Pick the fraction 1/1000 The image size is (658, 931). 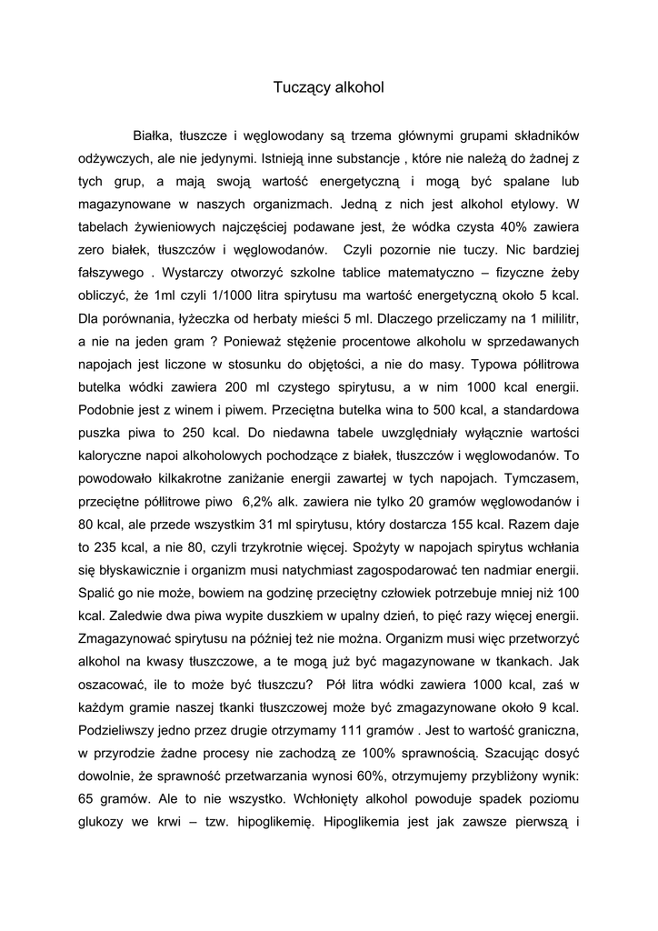click(x=231, y=295)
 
